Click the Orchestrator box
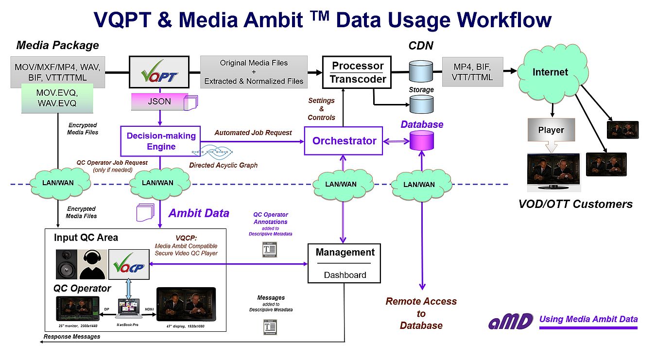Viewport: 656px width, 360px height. point(344,141)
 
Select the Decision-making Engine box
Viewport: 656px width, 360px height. point(161,140)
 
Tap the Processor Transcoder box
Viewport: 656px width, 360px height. point(357,72)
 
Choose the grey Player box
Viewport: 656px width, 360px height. point(551,130)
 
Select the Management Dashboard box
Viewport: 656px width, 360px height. point(345,263)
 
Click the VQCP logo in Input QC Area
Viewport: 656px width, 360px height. point(129,265)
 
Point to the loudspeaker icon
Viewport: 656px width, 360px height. point(66,264)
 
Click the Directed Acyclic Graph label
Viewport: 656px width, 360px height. point(223,165)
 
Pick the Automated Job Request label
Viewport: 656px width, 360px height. point(253,133)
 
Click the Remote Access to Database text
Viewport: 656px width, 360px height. point(421,313)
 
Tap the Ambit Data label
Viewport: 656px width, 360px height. point(199,213)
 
